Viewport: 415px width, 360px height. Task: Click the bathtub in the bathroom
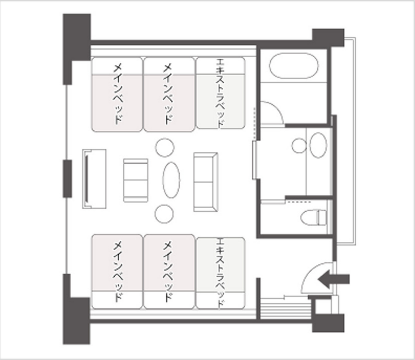point(294,66)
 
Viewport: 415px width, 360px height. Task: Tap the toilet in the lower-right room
point(314,217)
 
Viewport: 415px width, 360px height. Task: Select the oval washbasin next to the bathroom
point(318,145)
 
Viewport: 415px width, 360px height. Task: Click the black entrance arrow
point(333,279)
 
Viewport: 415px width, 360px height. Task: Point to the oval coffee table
point(171,180)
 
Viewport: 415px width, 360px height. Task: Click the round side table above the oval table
point(164,147)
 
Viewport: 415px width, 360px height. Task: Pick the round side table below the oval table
point(164,214)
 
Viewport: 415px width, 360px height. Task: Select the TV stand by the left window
point(95,179)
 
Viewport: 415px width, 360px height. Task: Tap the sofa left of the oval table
point(136,180)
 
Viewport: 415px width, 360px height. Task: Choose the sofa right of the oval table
point(206,182)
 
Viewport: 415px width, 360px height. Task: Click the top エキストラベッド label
point(220,93)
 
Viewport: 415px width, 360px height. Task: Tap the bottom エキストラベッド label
point(220,273)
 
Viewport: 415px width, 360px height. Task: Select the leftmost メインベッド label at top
point(117,94)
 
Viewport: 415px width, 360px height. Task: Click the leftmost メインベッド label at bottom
point(117,271)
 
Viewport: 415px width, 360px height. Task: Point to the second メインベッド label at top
point(168,94)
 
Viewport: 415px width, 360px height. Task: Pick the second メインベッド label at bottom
point(168,271)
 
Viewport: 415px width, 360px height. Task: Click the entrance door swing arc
point(310,271)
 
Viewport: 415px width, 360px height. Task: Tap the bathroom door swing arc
point(278,108)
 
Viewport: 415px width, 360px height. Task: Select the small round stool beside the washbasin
point(299,146)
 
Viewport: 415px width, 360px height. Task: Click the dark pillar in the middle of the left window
point(67,179)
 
